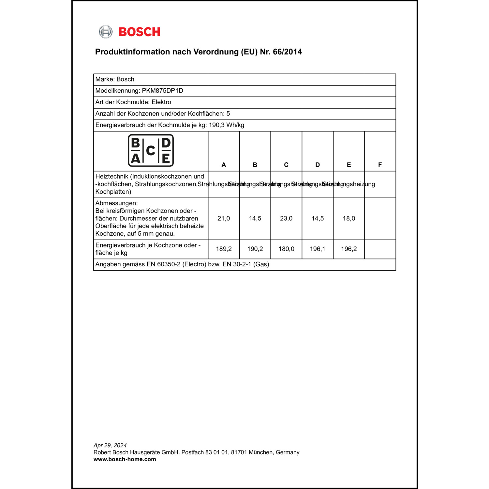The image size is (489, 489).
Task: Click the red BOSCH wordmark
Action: (x=139, y=32)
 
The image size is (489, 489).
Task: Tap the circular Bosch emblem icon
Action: (x=106, y=32)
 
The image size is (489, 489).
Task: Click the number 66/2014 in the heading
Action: (x=287, y=52)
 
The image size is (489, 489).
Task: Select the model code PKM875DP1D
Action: (x=162, y=91)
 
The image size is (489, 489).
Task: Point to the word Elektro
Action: (x=161, y=102)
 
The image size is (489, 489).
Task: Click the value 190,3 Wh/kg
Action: (x=226, y=125)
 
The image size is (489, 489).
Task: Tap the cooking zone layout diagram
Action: (x=151, y=151)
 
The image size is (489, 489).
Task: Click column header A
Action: (x=224, y=165)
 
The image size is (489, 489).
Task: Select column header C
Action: (x=286, y=165)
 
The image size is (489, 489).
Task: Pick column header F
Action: (x=380, y=165)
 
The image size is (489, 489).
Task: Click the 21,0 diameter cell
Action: (x=224, y=218)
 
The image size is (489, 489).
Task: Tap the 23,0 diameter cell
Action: (x=286, y=218)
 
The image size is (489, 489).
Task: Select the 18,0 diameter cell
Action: (x=349, y=218)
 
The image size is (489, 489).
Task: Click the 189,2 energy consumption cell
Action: (x=224, y=249)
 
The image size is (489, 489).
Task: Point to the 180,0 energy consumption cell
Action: (x=286, y=249)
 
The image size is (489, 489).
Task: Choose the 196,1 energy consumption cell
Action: (x=318, y=249)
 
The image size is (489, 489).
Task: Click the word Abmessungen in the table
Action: (x=116, y=203)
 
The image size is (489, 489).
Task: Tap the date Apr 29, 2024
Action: (x=110, y=445)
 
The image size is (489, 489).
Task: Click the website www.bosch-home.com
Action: (x=125, y=459)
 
